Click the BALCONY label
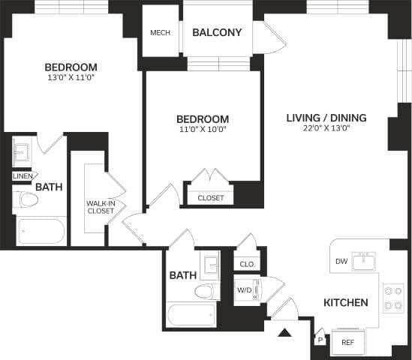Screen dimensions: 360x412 click(x=217, y=33)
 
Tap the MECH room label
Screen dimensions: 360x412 click(x=159, y=33)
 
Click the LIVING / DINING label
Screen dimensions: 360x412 click(x=326, y=118)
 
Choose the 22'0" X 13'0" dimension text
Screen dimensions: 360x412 click(x=326, y=129)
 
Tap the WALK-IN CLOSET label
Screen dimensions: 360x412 click(x=100, y=207)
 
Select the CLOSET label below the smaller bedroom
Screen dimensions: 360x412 click(x=210, y=198)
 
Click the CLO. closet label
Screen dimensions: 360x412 click(x=246, y=265)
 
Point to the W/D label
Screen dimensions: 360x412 click(x=245, y=289)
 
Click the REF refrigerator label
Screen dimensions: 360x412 click(x=347, y=342)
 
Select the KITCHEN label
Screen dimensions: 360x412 click(x=345, y=303)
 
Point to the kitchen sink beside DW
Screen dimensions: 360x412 click(x=366, y=262)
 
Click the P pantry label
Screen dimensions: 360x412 click(x=320, y=339)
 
